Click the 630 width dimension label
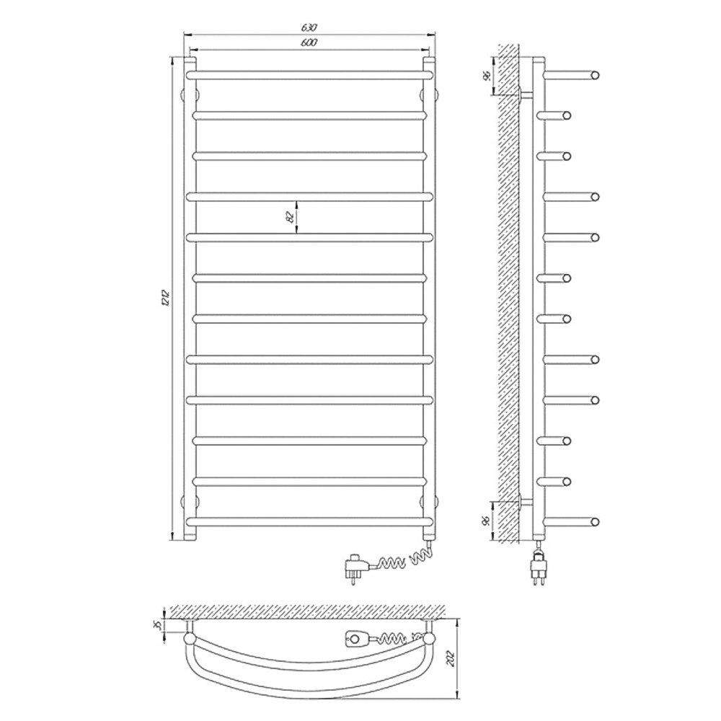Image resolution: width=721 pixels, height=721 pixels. pos(309,27)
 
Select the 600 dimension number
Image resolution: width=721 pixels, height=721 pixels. pos(309,43)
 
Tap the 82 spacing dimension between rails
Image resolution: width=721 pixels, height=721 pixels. pos(290,216)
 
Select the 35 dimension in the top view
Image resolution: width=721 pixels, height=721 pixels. pos(158,625)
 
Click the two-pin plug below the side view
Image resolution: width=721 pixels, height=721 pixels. pos(539,570)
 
